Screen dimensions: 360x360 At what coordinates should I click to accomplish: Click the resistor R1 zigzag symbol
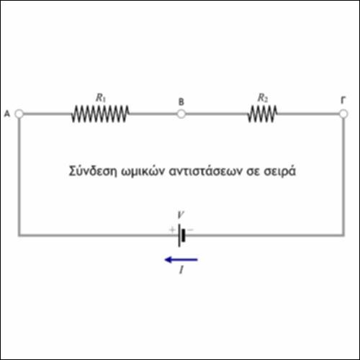100,114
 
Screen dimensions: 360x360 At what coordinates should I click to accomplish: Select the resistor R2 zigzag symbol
262,114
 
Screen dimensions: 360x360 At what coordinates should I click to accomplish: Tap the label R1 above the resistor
101,98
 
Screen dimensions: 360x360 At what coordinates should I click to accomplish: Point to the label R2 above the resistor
263,98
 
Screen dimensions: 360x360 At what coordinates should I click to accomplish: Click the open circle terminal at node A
19,114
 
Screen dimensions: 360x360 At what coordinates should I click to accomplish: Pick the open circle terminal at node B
181,114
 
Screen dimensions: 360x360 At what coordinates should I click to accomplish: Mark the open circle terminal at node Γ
343,114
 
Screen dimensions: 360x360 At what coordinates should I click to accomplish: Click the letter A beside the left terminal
7,114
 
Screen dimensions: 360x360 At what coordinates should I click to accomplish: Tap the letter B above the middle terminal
181,102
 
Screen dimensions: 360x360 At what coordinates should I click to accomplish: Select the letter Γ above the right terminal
343,100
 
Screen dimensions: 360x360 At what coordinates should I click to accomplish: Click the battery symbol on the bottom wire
181,235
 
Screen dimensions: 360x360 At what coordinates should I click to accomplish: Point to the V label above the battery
181,215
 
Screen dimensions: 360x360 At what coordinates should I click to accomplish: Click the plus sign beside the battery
172,230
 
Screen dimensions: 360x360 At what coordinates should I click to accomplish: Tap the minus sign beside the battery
190,230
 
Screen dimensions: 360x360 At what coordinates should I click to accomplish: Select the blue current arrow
181,260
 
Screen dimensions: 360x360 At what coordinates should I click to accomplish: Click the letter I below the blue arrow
181,270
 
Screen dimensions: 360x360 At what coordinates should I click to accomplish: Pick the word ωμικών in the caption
143,171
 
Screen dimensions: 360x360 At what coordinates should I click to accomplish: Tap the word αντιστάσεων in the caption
206,171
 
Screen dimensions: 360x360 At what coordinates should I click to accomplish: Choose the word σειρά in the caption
279,171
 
